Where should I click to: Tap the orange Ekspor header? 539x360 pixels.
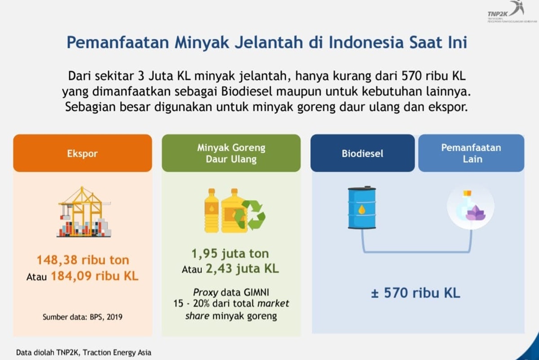coord(82,154)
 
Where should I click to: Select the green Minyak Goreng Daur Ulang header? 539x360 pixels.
coord(231,153)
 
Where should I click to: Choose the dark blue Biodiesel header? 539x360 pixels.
coord(362,153)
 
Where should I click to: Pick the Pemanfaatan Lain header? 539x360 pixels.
coord(471,153)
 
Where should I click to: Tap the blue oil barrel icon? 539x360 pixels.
coord(362,208)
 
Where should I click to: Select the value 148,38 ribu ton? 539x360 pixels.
coord(83,260)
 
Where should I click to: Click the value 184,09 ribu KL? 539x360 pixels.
coord(94,276)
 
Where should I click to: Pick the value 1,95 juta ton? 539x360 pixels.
coord(230,254)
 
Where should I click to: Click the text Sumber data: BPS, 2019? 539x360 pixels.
coord(82,317)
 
